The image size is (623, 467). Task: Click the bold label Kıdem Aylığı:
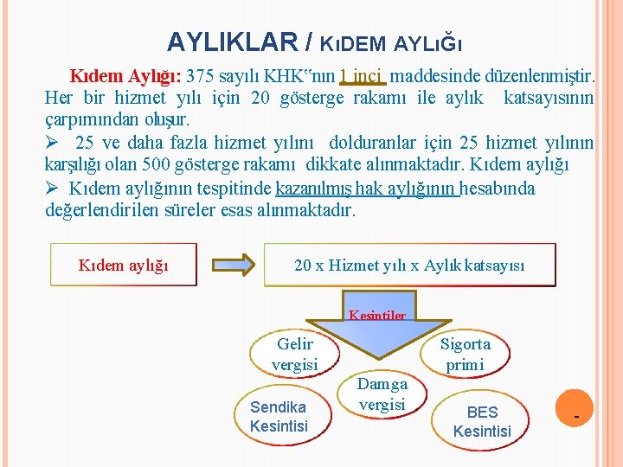click(125, 75)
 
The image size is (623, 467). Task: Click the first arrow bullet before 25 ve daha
click(53, 143)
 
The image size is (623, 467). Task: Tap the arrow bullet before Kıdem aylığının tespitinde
click(53, 188)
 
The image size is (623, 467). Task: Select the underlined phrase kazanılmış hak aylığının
click(367, 188)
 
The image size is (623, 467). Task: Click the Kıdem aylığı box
click(124, 264)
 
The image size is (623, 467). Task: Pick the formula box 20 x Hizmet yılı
click(409, 265)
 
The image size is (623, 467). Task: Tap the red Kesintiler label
click(376, 316)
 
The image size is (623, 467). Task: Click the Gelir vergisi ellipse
click(294, 355)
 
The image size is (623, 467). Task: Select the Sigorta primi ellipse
click(465, 355)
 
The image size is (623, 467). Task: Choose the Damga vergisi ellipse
click(382, 393)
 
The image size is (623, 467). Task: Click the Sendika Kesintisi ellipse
click(279, 416)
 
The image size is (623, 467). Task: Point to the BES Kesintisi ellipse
click(482, 421)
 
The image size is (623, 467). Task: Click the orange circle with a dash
click(577, 418)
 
